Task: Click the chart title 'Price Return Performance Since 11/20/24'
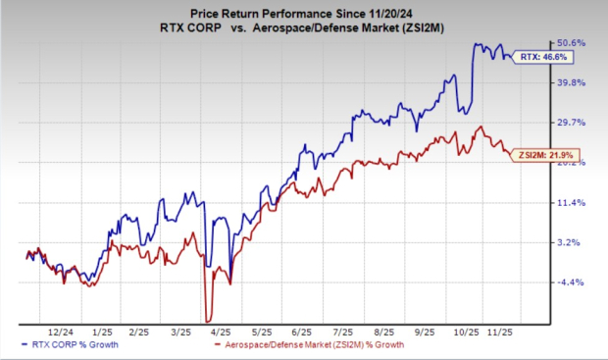303,12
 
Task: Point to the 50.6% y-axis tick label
573,43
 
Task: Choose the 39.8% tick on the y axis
573,83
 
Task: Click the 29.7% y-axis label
573,123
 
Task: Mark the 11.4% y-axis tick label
573,203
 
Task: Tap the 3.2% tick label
573,242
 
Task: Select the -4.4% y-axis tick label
573,283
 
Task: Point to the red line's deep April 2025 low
208,320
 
